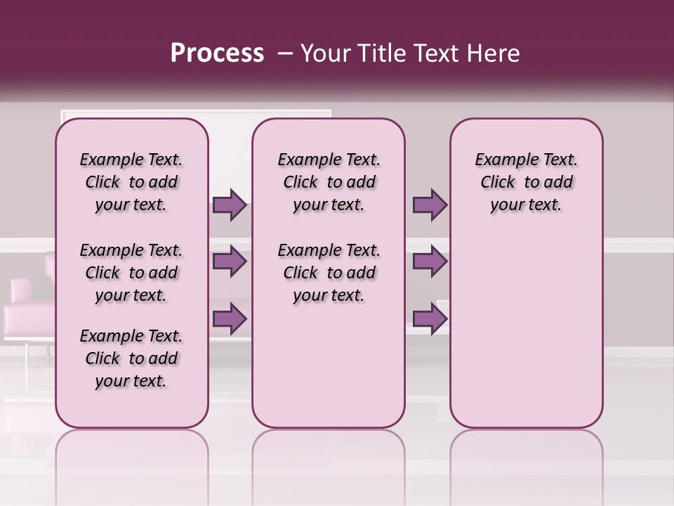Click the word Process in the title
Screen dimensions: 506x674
point(217,53)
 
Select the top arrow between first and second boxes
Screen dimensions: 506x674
point(230,205)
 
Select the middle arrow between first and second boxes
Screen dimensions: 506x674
point(230,261)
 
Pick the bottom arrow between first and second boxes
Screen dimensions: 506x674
point(230,319)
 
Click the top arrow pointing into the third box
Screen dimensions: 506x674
point(430,205)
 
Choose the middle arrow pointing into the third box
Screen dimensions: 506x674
point(430,261)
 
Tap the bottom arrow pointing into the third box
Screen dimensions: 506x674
point(430,319)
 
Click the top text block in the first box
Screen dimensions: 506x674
point(131,182)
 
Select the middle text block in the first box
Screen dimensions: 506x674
point(131,273)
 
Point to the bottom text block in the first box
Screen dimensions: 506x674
point(131,358)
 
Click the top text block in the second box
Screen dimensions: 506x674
point(329,182)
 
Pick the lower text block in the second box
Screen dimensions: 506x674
point(329,273)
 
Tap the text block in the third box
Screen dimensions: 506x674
point(526,182)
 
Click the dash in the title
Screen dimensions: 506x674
point(284,53)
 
